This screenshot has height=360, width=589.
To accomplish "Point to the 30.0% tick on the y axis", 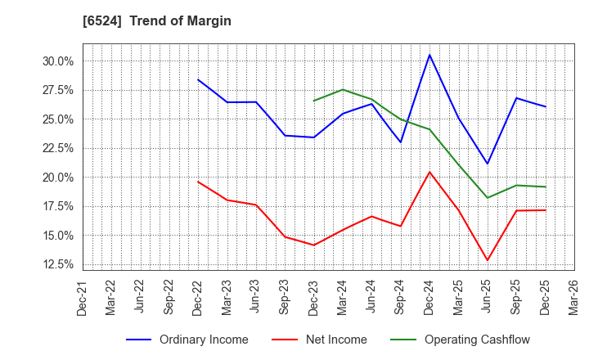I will point(56,61).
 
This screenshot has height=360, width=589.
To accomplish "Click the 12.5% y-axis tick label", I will point(56,264).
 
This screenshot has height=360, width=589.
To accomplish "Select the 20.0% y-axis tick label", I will point(56,178).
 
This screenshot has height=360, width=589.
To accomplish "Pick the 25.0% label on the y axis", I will point(56,119).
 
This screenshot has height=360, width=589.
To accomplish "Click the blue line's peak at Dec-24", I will point(429,55).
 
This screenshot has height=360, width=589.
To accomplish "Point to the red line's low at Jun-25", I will point(488,261).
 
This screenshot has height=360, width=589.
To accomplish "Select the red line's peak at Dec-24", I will point(429,172).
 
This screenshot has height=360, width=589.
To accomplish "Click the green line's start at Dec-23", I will point(313,101).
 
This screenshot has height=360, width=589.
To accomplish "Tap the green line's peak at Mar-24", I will point(343,89).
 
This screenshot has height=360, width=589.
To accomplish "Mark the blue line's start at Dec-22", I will point(198,79).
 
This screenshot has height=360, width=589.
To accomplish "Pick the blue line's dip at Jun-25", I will point(488,164).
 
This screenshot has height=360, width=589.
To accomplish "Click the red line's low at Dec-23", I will point(313,245).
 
